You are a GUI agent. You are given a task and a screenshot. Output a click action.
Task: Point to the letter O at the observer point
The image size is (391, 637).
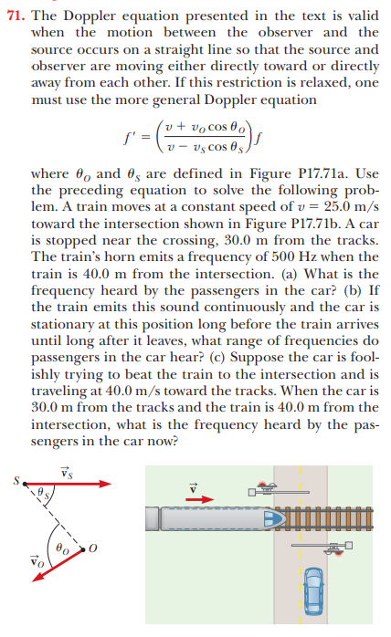[108, 548]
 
